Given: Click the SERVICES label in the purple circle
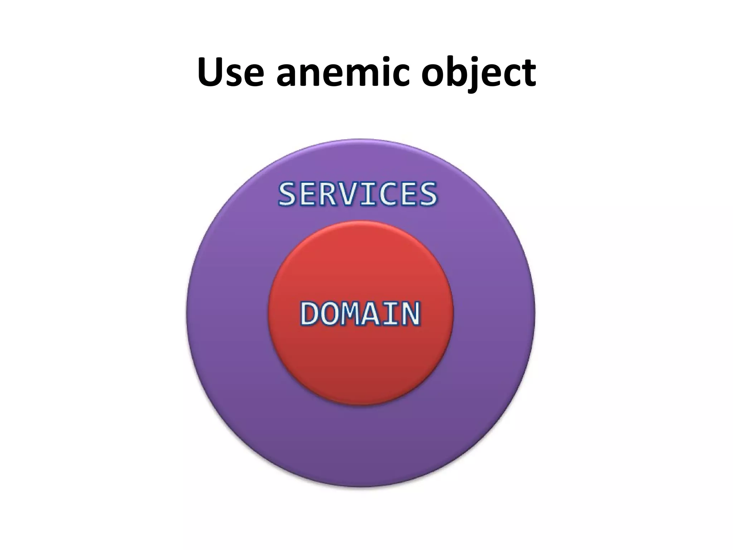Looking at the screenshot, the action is click(358, 194).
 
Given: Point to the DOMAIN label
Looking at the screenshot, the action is click(360, 314).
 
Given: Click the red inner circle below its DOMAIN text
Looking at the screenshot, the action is click(360, 365).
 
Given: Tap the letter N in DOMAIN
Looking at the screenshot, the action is click(410, 314).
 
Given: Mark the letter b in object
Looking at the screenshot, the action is click(456, 72).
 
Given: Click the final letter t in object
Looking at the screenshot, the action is click(528, 73).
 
